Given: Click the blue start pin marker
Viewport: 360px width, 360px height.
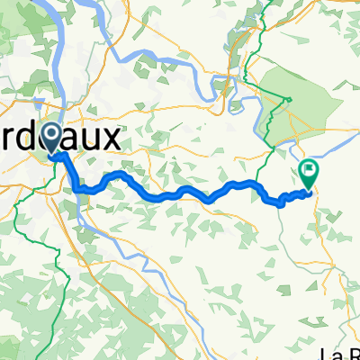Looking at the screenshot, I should tap(52, 138).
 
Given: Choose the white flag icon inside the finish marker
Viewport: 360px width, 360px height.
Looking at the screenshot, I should tap(310, 167).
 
